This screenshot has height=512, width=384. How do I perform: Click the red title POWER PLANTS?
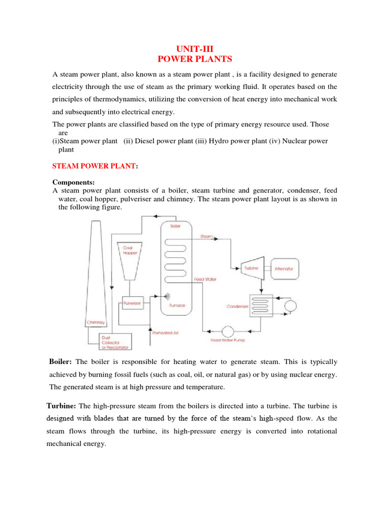[x=195, y=59]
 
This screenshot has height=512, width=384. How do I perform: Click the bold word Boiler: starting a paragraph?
[x=60, y=361]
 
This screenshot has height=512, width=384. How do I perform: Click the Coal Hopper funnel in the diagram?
[x=129, y=262]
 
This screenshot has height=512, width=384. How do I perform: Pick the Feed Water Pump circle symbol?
[x=228, y=331]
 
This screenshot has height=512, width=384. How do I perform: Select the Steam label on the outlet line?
[x=207, y=235]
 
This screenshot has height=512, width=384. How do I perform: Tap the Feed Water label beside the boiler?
[x=205, y=279]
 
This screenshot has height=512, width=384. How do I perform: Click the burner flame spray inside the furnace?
[x=164, y=295]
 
